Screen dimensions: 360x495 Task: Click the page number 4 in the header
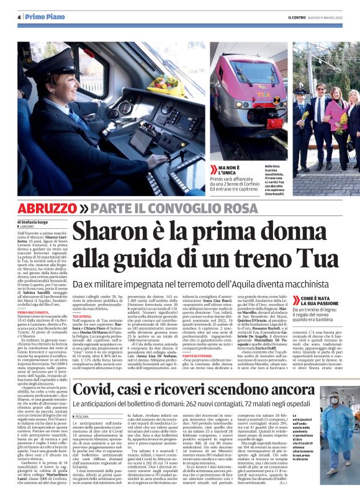point(19,16)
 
